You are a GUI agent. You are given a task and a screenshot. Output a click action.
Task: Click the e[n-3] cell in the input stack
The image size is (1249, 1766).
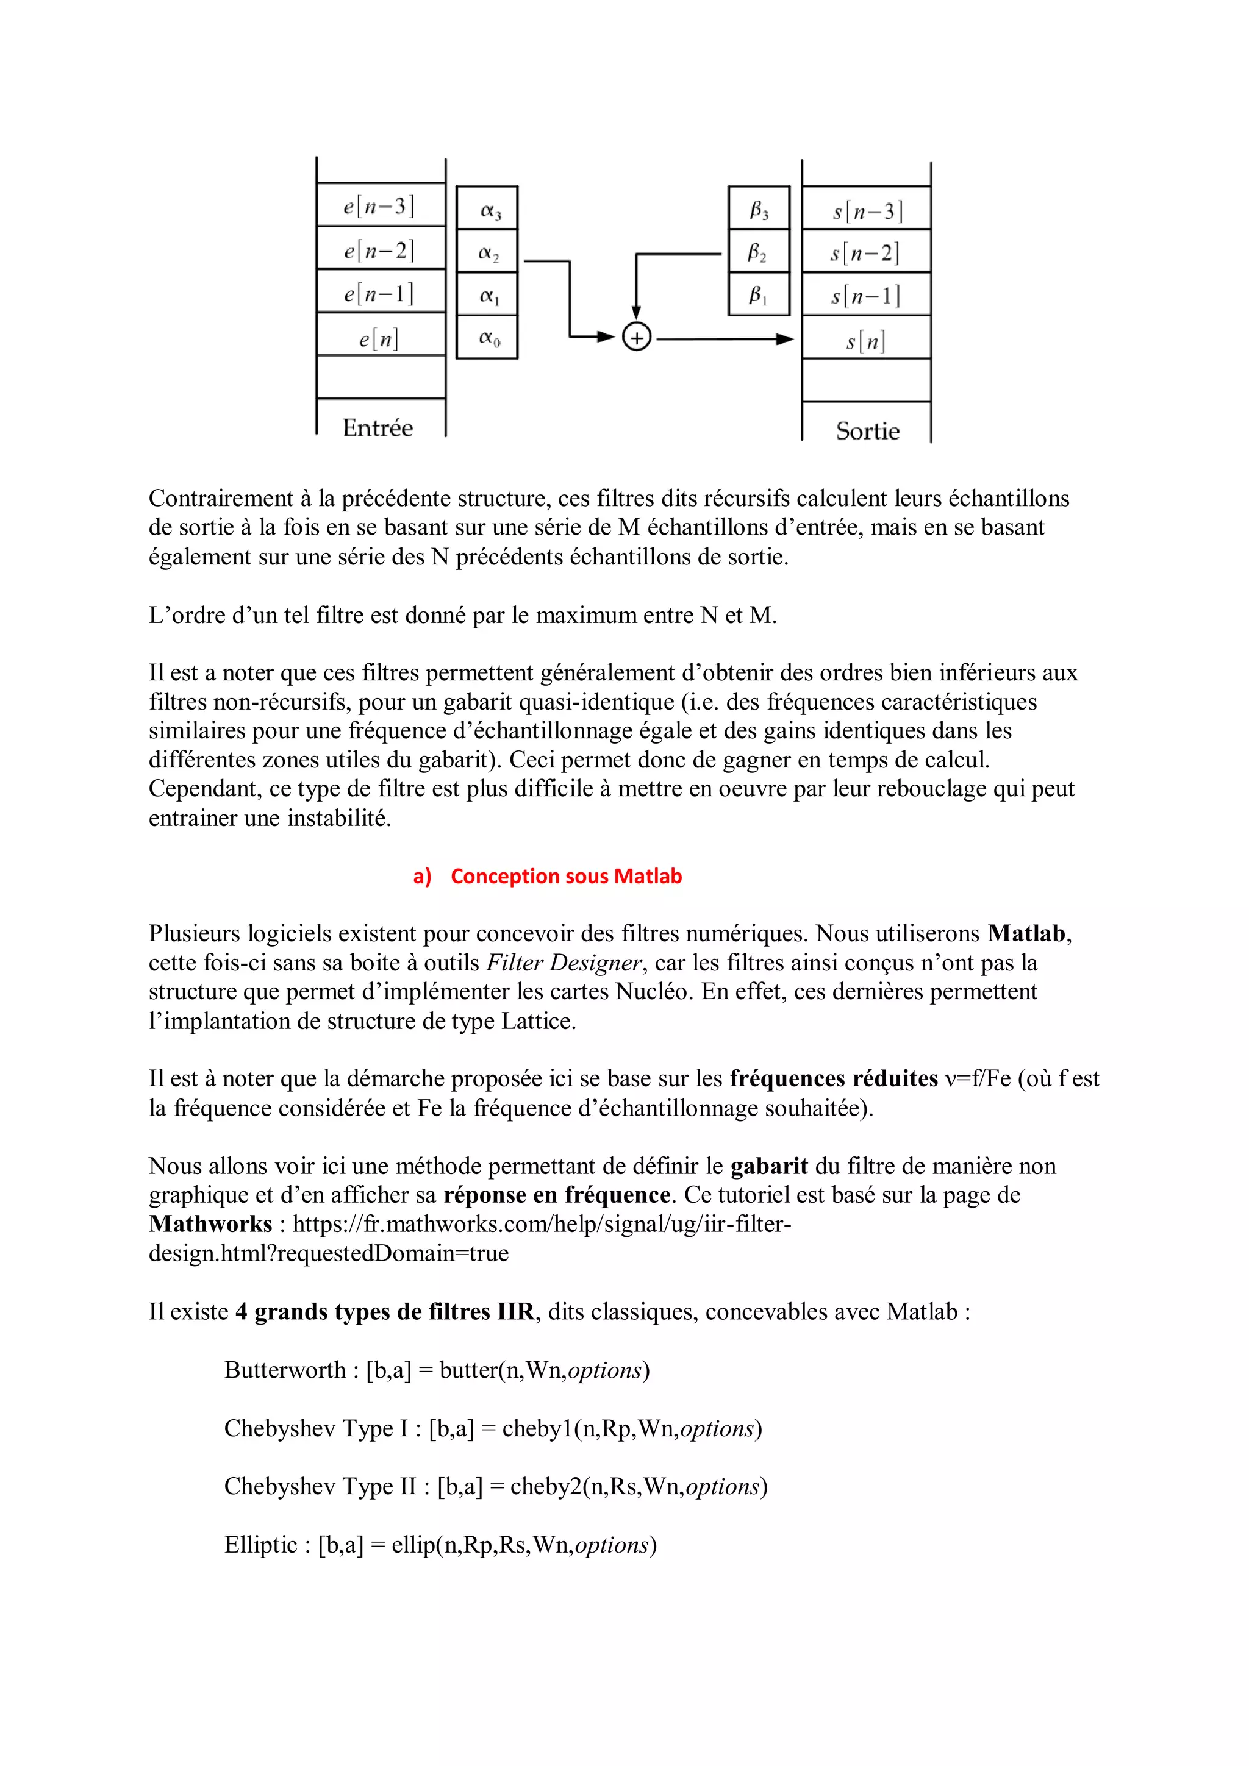click(379, 205)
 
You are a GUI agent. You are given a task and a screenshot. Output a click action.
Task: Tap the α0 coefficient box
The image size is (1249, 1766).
click(488, 338)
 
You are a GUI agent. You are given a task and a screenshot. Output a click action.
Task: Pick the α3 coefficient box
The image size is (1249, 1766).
click(488, 210)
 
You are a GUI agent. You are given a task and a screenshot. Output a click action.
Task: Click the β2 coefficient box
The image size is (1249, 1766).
click(758, 253)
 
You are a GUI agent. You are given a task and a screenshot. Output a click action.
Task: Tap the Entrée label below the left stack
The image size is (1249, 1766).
click(378, 428)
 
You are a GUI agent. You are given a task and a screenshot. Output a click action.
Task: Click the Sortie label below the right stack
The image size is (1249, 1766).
click(867, 431)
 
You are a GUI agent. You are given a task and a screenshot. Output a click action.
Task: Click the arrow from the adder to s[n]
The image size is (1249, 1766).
click(723, 338)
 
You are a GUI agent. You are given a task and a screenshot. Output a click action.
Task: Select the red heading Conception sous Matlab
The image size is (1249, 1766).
click(565, 876)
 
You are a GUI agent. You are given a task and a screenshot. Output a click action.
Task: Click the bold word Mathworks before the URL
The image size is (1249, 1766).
click(210, 1223)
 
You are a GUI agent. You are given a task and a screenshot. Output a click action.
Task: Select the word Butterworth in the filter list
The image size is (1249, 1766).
click(285, 1370)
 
